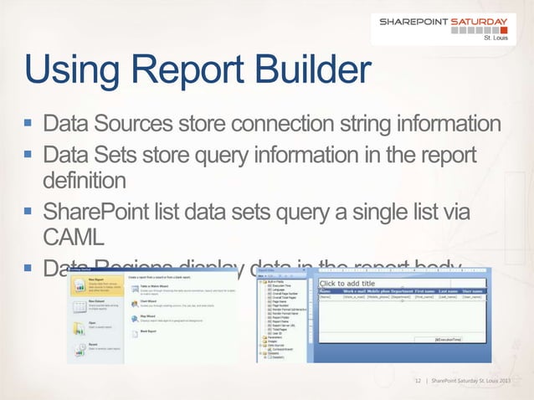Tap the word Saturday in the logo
(483, 23)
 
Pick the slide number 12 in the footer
(420, 382)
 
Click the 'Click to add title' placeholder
(349, 284)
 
